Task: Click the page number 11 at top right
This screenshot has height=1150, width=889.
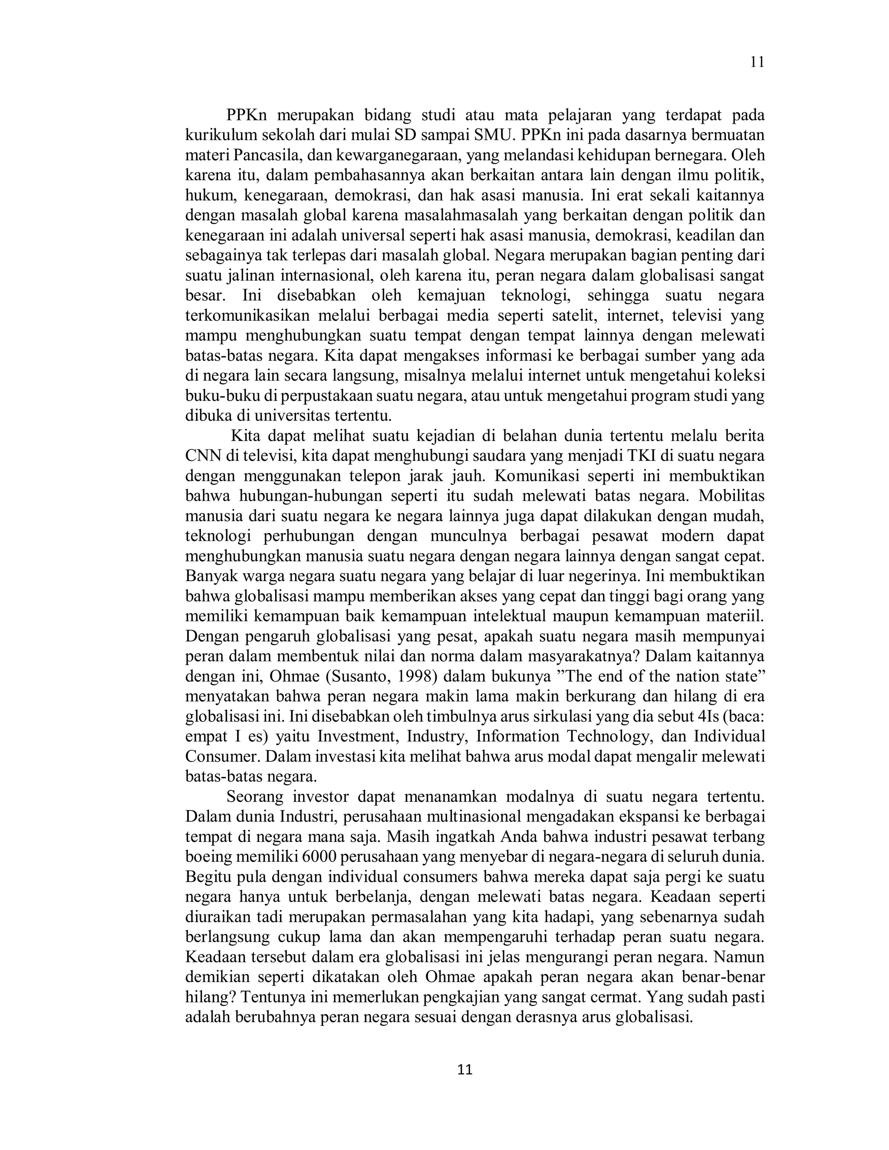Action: [757, 62]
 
